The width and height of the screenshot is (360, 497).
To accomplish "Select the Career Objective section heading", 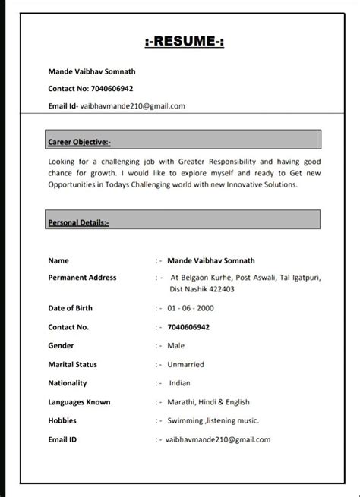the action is click(79, 142).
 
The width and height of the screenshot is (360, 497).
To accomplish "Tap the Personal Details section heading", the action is click(79, 223).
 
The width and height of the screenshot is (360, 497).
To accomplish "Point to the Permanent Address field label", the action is click(82, 278).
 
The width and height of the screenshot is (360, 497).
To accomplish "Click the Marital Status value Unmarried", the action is click(187, 364).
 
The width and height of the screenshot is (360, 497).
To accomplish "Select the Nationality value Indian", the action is click(180, 383).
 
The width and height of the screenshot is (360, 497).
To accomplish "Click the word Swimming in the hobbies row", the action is click(185, 420).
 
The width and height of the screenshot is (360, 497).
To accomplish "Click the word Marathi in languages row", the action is click(184, 402).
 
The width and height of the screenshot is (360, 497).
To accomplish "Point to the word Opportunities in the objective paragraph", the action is click(76, 184).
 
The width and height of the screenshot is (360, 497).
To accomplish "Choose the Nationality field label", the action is click(68, 383).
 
